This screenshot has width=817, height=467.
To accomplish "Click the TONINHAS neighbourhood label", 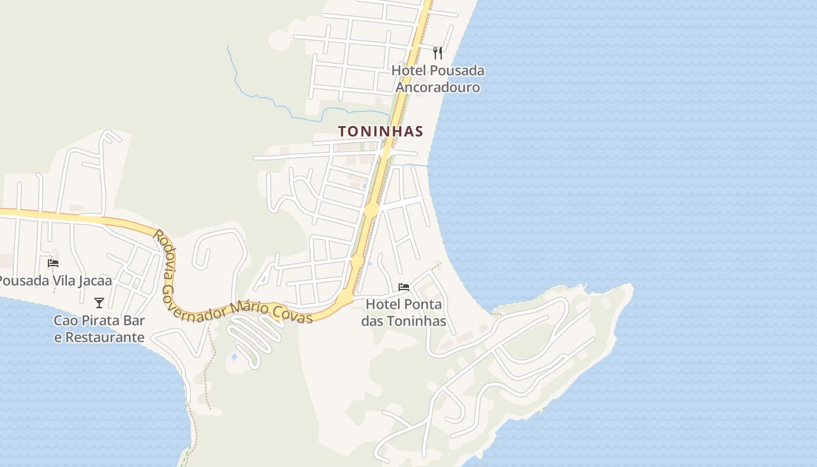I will pos(380,131).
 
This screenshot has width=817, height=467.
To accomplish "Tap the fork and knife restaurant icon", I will pos(438,53).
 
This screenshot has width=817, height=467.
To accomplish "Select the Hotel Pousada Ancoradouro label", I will pos(438,79).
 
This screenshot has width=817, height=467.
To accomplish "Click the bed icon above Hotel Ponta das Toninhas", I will pos(404,287).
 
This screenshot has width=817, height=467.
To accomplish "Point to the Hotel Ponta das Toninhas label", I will pos(404,312).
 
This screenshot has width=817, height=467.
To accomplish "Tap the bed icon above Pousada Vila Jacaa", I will pos(53,263).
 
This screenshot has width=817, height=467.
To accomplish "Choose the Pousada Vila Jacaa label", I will pos(55,281).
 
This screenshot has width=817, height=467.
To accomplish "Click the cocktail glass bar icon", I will pos(99,303).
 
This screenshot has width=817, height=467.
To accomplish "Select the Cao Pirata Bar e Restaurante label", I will pos(99,329).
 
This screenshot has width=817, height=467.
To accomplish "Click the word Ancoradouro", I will pos(438,88).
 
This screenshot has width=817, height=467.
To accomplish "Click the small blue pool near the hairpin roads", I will pos(235,356).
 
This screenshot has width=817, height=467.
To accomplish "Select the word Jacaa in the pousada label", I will pos(93,281).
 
